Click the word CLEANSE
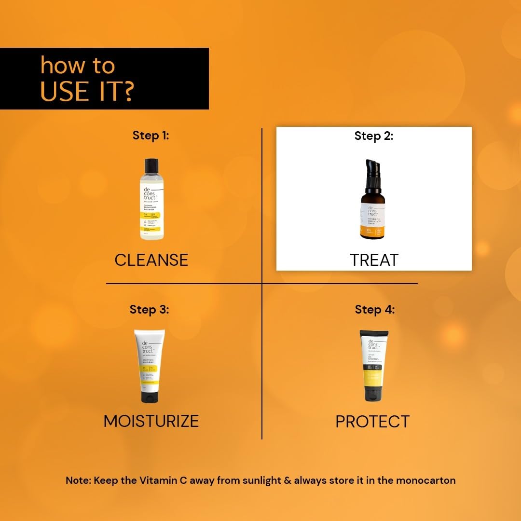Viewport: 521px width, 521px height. (151, 260)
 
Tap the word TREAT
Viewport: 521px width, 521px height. (374, 260)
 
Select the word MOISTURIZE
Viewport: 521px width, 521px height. (151, 421)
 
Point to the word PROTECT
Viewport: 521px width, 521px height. (372, 422)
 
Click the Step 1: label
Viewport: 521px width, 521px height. (151, 136)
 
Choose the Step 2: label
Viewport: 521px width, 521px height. (374, 136)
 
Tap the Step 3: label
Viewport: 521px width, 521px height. (150, 309)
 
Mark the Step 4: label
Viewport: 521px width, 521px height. (375, 309)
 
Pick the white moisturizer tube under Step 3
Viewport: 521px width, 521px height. (150, 367)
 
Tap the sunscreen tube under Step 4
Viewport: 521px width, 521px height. (374, 367)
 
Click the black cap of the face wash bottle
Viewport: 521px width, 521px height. (151, 165)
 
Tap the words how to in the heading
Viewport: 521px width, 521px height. (77, 65)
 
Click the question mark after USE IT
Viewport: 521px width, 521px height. (126, 91)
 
